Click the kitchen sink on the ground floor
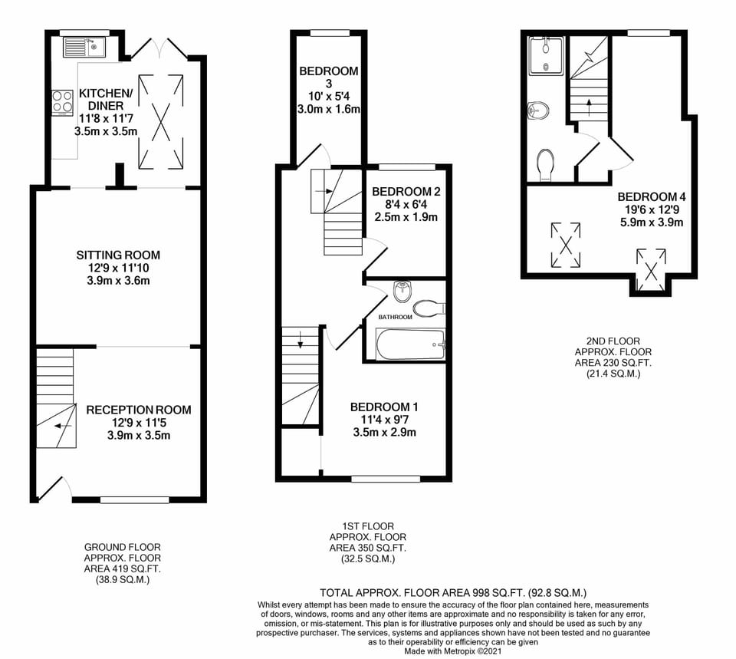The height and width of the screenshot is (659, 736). [x=85, y=47]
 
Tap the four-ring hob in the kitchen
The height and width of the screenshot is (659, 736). [x=62, y=102]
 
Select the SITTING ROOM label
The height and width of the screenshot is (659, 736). [x=118, y=255]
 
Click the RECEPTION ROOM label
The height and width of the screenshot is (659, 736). [x=139, y=410]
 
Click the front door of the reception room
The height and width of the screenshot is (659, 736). [x=51, y=489]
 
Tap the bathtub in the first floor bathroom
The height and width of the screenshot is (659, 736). [x=411, y=344]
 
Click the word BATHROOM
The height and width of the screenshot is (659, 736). [x=396, y=317]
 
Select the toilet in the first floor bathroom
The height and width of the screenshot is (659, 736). [x=429, y=308]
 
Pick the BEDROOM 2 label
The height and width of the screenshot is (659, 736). [x=406, y=192]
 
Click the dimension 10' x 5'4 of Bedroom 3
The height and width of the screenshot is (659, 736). [x=329, y=97]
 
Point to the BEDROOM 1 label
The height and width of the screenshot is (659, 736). [x=384, y=407]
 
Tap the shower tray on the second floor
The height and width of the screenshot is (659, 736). [x=545, y=56]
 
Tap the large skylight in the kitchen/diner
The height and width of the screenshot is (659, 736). [x=160, y=121]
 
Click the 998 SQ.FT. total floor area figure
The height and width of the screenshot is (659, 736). [x=495, y=593]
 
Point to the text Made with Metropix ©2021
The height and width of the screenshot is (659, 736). [x=453, y=651]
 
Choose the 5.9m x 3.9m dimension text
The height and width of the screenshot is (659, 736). [x=652, y=222]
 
